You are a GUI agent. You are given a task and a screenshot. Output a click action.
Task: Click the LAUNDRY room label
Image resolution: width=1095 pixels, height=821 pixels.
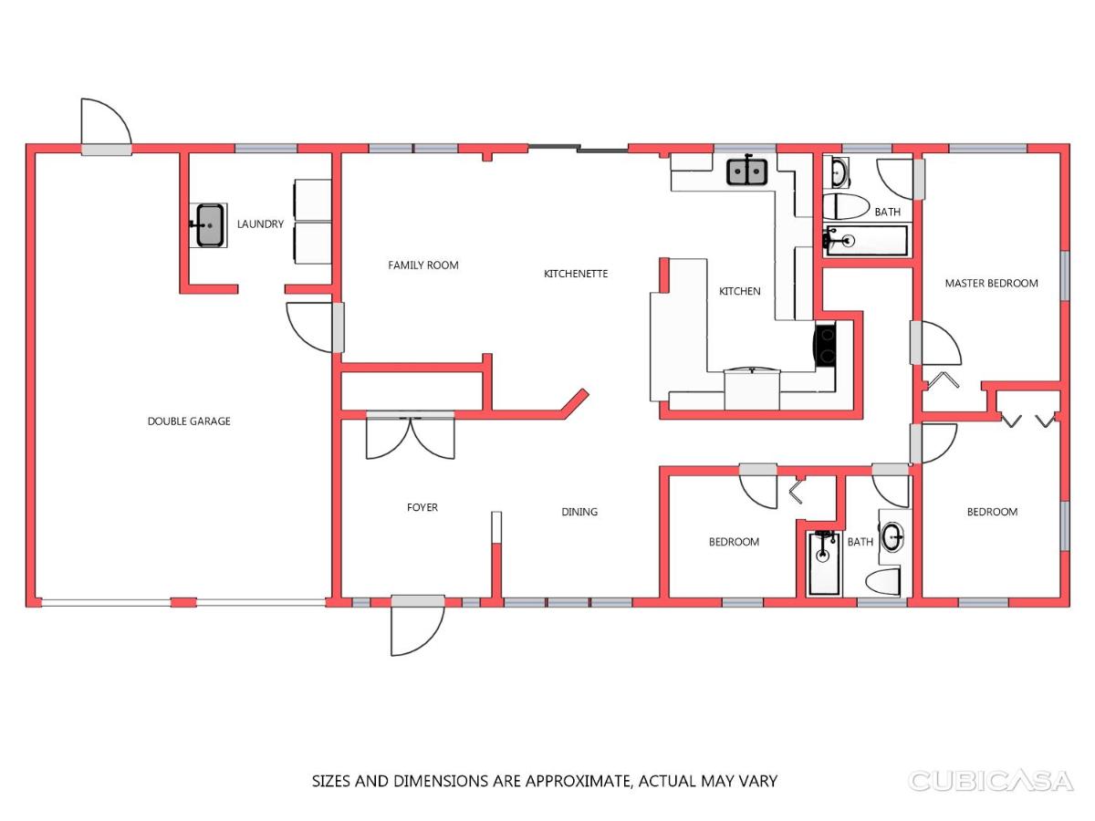click(x=260, y=224)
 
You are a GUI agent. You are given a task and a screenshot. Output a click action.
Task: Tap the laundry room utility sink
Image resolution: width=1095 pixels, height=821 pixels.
click(x=209, y=225)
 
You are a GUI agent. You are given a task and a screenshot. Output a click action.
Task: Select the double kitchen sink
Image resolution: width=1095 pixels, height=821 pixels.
click(x=746, y=171)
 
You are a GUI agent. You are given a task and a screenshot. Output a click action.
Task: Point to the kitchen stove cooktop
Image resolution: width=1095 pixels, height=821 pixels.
click(x=825, y=345)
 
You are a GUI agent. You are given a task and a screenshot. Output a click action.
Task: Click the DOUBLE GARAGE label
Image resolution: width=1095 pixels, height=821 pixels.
click(x=189, y=421)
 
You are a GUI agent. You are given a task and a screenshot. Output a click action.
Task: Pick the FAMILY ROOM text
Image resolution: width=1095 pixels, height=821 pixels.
click(x=423, y=265)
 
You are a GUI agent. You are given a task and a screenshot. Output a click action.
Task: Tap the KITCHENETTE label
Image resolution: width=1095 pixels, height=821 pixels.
click(x=576, y=274)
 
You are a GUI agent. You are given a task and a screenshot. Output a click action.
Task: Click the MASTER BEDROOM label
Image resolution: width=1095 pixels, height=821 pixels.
click(x=991, y=283)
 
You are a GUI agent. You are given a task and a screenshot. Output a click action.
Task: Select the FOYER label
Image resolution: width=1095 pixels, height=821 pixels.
click(x=422, y=507)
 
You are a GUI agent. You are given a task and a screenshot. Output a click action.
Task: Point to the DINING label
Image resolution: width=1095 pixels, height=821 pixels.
click(x=579, y=512)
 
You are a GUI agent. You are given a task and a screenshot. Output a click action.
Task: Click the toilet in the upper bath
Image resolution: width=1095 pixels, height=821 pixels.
click(x=846, y=206)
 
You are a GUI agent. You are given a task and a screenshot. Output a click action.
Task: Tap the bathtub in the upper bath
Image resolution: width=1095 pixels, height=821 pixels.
click(x=867, y=241)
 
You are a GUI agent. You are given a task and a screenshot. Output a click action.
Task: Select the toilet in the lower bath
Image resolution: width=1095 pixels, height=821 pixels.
click(x=882, y=581)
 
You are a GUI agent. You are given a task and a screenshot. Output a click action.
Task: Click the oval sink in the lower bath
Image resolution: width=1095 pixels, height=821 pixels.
click(x=892, y=537)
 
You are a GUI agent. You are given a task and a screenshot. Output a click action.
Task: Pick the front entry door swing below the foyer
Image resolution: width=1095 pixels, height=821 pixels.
click(x=417, y=627)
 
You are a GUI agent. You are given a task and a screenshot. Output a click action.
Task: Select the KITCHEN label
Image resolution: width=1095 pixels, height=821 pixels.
click(x=739, y=291)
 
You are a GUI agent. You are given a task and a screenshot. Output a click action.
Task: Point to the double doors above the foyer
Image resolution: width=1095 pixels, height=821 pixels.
click(x=410, y=435)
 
